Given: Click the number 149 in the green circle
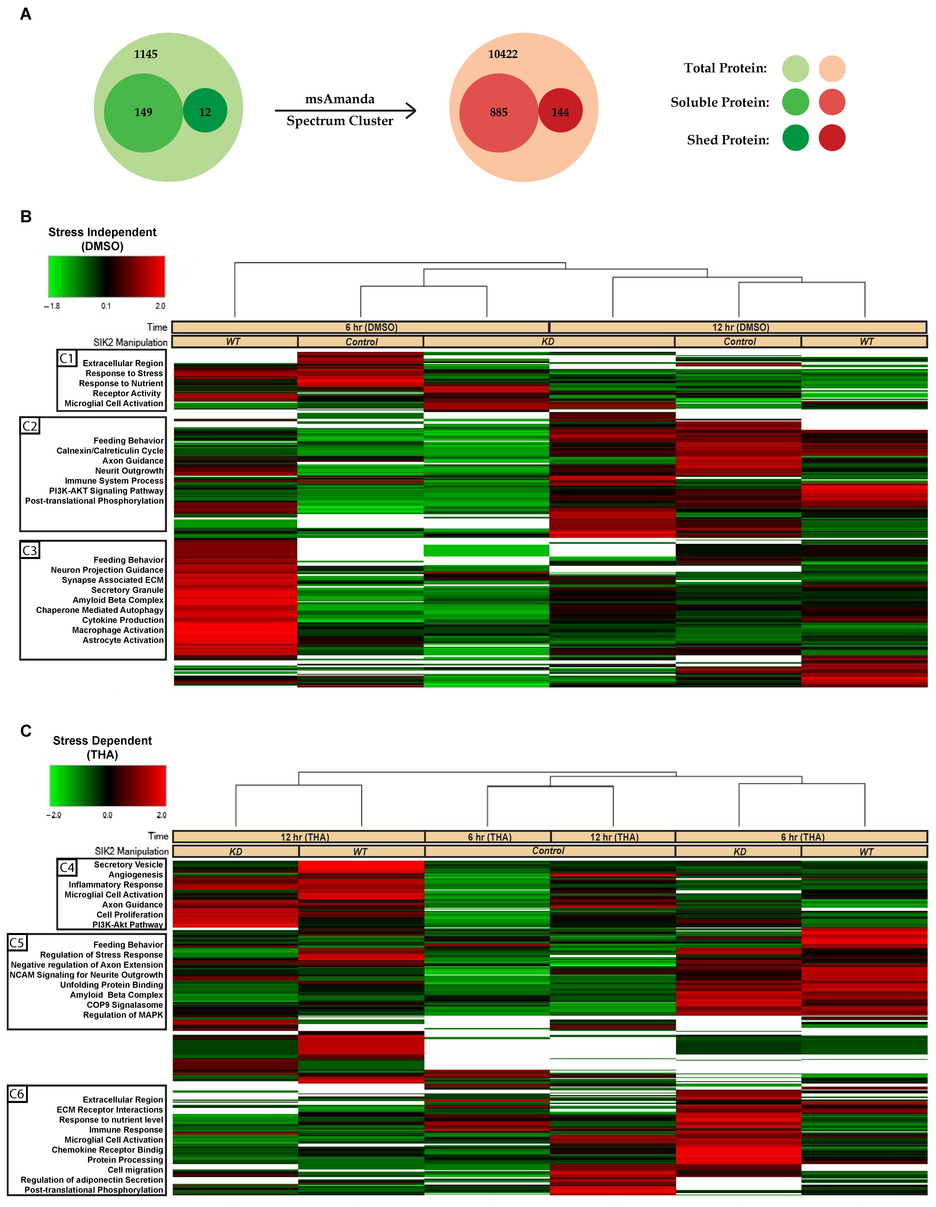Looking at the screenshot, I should [x=143, y=112].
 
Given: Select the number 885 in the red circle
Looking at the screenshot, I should [x=498, y=112].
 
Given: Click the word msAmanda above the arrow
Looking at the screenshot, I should [x=340, y=99].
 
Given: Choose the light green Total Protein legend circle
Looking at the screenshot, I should [x=796, y=69].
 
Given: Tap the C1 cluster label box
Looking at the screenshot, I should [x=67, y=358].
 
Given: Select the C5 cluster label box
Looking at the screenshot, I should [x=17, y=942].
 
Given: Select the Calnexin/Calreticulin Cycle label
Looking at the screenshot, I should [x=110, y=450].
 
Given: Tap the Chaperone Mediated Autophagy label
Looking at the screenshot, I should [x=100, y=610].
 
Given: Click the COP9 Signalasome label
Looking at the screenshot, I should [x=125, y=1005].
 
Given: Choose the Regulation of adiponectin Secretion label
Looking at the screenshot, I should [x=92, y=1179].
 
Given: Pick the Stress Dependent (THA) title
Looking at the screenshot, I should [x=102, y=747].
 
